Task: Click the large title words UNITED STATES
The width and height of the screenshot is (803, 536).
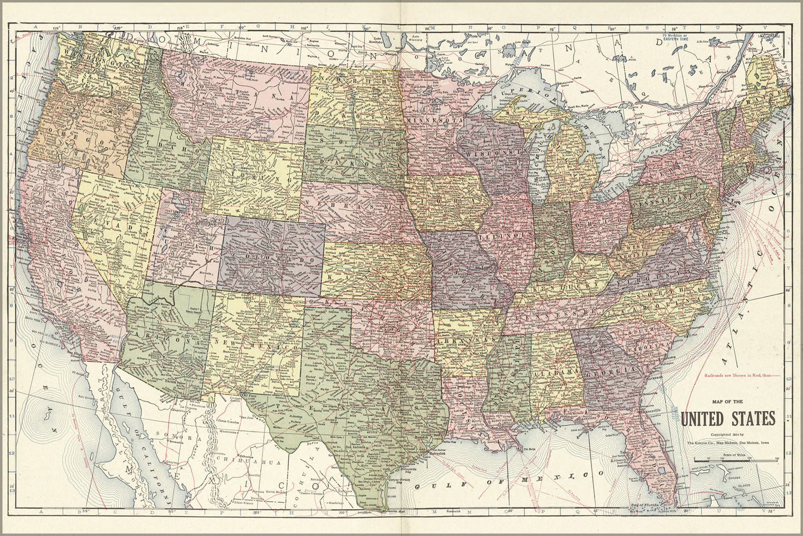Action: [729, 417]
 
